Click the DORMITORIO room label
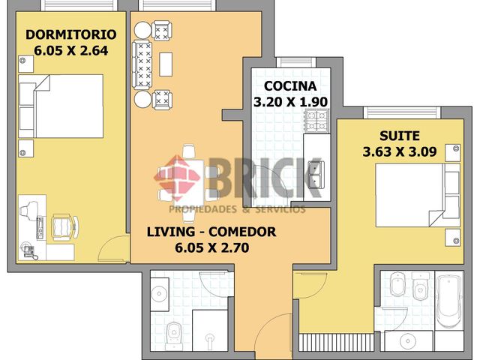pos(71,34)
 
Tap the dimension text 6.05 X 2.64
pos(71,50)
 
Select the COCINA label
pos(290,86)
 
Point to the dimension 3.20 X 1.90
pos(290,102)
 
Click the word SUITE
pos(400,136)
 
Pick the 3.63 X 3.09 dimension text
pos(400,151)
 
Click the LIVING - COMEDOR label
pos(211,232)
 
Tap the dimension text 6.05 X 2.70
pos(211,247)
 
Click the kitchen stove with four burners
pos(316,121)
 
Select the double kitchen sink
pos(315,174)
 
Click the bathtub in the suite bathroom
pos(449,301)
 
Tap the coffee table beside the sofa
pos(166,64)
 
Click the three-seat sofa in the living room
pos(142,64)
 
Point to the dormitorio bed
pos(61,106)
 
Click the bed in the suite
pos(418,195)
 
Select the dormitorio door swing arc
pos(108,245)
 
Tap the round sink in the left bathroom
pos(159,294)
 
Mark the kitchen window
pos(295,61)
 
